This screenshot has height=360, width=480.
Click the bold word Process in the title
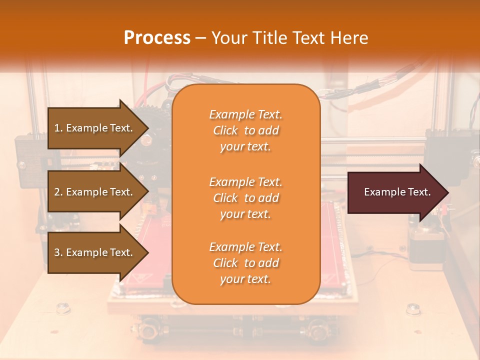pos(157,38)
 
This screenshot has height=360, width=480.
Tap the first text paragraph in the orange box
pos(245,130)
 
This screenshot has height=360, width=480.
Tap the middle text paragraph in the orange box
pos(245,198)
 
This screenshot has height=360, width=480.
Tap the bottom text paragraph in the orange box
pos(245,263)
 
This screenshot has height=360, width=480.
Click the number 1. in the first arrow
pos(58,128)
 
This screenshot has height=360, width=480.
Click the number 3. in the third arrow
pos(58,252)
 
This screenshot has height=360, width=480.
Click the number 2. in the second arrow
pos(58,192)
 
